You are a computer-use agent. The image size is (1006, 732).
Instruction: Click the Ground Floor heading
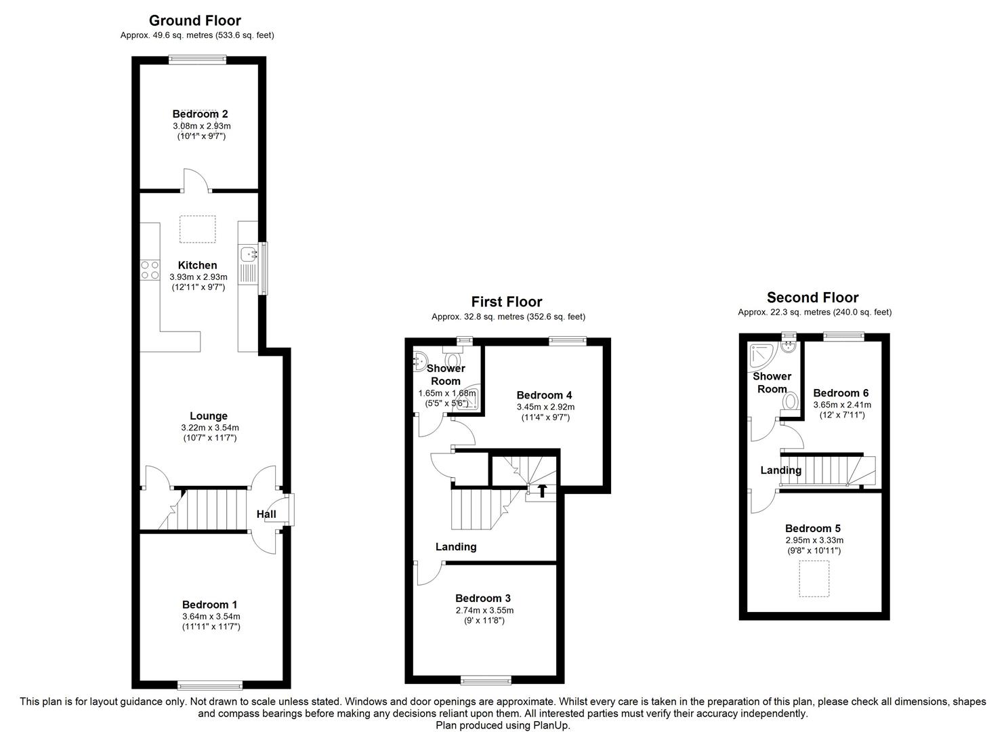(x=195, y=20)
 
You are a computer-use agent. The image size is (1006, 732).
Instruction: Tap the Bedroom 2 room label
(x=201, y=114)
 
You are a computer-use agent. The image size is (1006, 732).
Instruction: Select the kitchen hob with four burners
(x=150, y=270)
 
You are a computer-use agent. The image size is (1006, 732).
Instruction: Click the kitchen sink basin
(x=248, y=254)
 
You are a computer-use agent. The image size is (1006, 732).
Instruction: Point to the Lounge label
(x=209, y=416)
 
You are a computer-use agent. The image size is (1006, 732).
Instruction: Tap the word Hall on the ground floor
(x=266, y=514)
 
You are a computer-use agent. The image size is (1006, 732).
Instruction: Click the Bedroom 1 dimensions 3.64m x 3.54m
(x=211, y=617)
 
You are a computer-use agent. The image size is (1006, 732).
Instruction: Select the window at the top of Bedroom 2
(x=198, y=60)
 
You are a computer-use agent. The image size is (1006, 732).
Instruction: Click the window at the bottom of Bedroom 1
(x=210, y=685)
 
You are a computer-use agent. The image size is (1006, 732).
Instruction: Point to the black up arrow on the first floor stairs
(x=542, y=490)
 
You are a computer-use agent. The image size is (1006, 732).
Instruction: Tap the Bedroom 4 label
(x=544, y=395)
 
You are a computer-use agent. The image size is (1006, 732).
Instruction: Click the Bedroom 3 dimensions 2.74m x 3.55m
(x=484, y=610)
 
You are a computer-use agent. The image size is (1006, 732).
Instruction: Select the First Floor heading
(x=507, y=302)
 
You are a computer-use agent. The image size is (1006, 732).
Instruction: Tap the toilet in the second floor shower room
(x=791, y=401)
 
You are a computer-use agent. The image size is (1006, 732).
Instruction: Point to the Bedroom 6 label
(x=841, y=393)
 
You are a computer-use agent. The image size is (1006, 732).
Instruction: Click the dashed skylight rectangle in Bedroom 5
(x=814, y=578)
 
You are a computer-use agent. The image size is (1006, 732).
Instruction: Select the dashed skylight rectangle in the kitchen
(x=198, y=229)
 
